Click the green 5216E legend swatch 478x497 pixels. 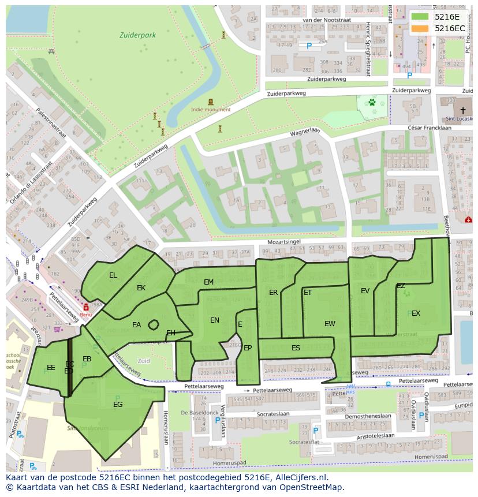coord(420,16)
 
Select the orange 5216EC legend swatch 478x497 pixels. coord(420,28)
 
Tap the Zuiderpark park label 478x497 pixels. coord(137,35)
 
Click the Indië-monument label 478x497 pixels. coord(211,109)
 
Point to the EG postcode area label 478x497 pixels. coord(118,405)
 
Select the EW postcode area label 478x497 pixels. coord(330,324)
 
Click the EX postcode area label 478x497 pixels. coord(416,313)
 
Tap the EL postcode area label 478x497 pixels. coord(113,275)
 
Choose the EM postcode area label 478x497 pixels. coord(208,282)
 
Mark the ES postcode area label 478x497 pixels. coord(296,348)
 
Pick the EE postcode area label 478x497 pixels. coord(51,368)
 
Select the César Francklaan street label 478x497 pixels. coord(429,128)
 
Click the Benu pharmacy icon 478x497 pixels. coord(86,308)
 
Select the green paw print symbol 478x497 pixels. coord(372,103)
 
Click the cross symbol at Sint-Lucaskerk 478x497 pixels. coord(463,110)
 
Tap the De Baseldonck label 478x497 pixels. coord(199,413)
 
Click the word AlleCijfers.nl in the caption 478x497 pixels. coord(301,477)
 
